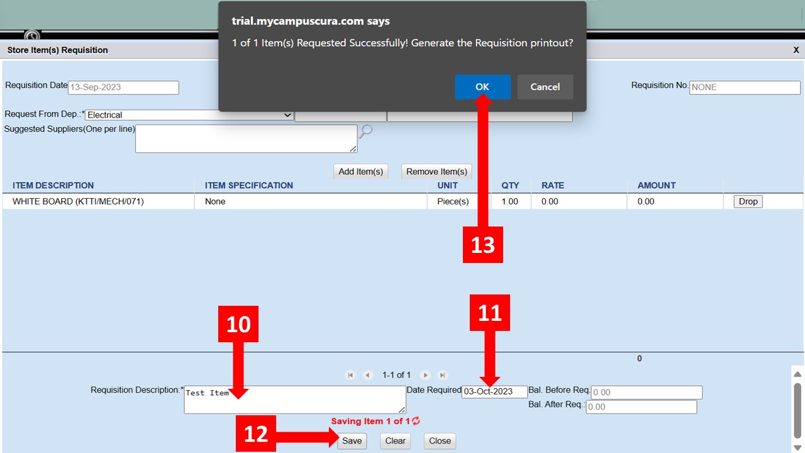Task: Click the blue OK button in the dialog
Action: coord(482,87)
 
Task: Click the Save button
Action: coord(352,441)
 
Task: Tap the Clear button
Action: coord(396,441)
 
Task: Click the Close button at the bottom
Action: coord(440,441)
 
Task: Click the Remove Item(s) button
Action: coord(436,172)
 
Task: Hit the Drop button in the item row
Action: coord(748,201)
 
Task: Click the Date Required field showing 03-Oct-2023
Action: coord(494,391)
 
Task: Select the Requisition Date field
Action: coord(123,87)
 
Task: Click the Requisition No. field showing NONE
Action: coord(745,87)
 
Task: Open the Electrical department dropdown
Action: coord(189,115)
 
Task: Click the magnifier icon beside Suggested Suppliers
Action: coord(366,131)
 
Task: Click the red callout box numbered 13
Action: coord(482,245)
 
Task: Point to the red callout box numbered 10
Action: coord(238,324)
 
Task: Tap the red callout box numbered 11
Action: coord(490,313)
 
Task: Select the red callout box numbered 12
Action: coord(256,433)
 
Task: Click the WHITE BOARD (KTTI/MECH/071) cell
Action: coord(78,201)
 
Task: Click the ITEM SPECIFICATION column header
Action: coord(248,186)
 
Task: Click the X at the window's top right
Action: coord(796,50)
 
